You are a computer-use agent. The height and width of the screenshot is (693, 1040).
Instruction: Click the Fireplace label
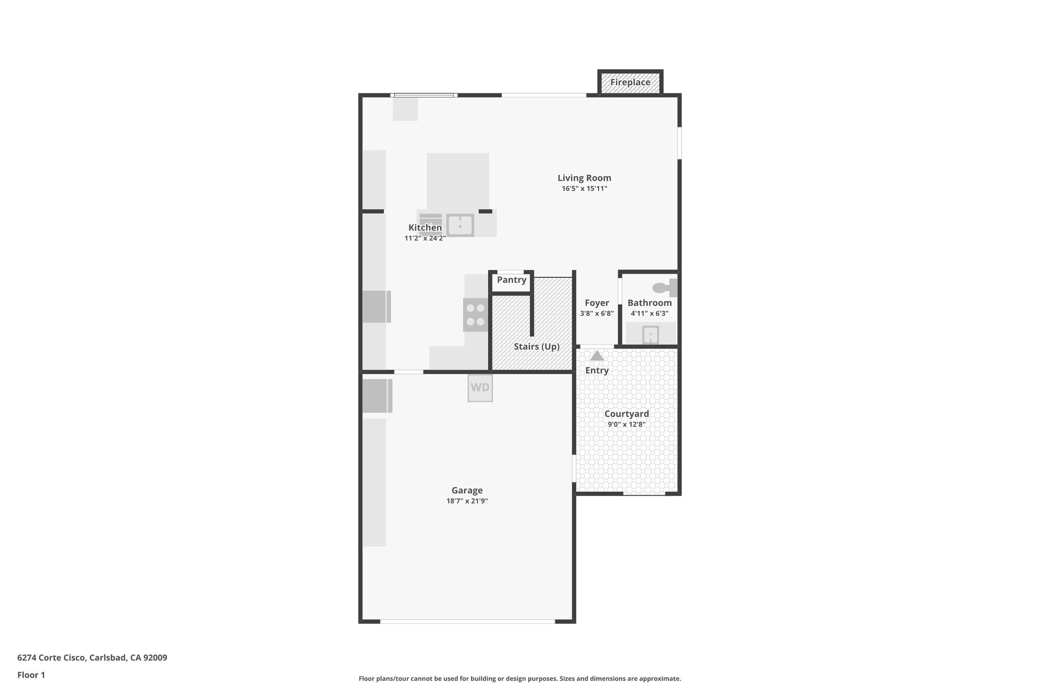coord(630,82)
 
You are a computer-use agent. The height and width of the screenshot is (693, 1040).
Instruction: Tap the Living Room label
coord(584,178)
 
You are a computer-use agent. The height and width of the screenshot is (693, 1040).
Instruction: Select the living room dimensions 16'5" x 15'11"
coord(584,189)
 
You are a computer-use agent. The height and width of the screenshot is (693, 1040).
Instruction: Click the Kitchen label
coord(425,227)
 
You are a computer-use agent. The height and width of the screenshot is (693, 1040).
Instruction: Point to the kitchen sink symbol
coord(460,225)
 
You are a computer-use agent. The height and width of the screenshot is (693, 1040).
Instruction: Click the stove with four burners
coord(476,315)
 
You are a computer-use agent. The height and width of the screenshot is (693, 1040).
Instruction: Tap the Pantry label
coord(511,280)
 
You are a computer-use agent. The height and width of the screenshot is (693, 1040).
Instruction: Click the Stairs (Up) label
coord(536,347)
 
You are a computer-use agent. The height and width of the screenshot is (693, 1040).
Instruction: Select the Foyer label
coord(597,303)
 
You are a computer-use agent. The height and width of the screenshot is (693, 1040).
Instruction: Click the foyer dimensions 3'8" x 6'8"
coord(597,314)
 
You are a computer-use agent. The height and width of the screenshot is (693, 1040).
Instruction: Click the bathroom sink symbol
coord(651,335)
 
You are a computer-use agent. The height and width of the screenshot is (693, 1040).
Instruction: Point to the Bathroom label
coord(649,303)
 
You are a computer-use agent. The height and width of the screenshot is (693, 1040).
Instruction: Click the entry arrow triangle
coord(597,356)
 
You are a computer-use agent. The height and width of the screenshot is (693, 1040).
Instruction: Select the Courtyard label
coord(626,414)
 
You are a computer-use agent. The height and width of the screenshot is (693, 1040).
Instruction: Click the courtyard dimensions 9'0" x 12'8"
coord(626,424)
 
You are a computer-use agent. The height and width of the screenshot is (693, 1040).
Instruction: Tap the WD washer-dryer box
coord(480,388)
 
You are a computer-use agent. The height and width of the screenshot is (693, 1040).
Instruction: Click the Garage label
coord(467,490)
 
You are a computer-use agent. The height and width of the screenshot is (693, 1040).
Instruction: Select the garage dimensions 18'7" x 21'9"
coord(467,501)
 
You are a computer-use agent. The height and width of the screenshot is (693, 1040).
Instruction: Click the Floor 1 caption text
coord(31,675)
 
